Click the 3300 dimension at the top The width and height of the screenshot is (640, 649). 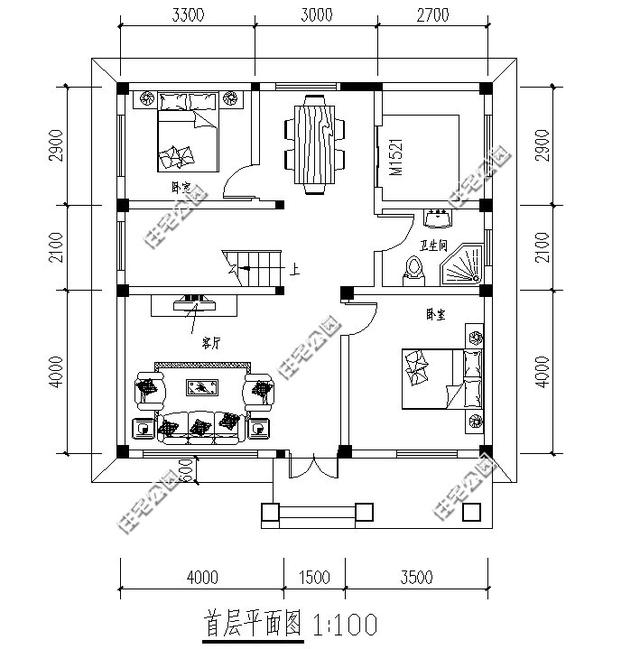click(188, 15)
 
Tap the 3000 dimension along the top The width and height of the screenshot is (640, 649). click(314, 15)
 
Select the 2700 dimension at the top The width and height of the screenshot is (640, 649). click(433, 15)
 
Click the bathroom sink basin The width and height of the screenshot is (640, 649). click(437, 217)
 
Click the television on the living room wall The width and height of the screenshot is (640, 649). click(190, 300)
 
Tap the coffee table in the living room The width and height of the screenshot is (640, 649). click(203, 388)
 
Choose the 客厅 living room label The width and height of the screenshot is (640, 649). click(211, 343)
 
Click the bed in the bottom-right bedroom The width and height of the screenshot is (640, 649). click(438, 378)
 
